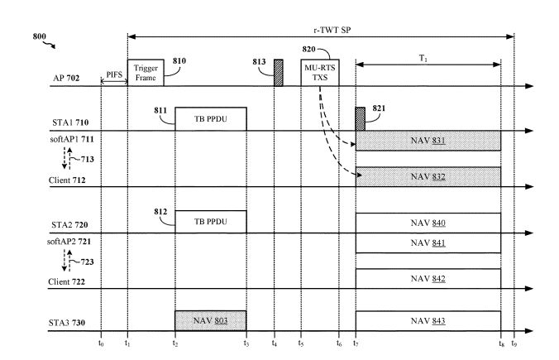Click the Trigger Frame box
145,73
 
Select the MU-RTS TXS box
319,73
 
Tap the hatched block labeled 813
279,73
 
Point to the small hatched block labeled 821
360,119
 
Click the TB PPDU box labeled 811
210,119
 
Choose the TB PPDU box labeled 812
210,222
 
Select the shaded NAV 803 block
210,321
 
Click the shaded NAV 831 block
428,141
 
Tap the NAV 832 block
428,177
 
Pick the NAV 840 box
428,223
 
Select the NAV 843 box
428,321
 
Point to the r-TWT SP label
321,27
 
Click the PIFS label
114,76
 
